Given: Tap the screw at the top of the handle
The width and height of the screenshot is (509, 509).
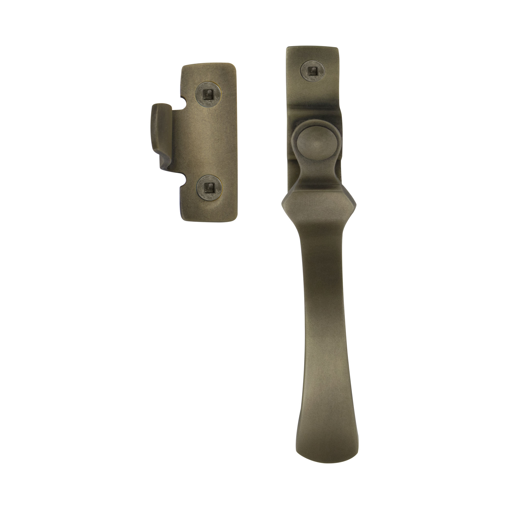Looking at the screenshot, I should [313, 71].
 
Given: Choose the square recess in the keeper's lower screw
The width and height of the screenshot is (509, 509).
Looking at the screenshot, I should [209, 188].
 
